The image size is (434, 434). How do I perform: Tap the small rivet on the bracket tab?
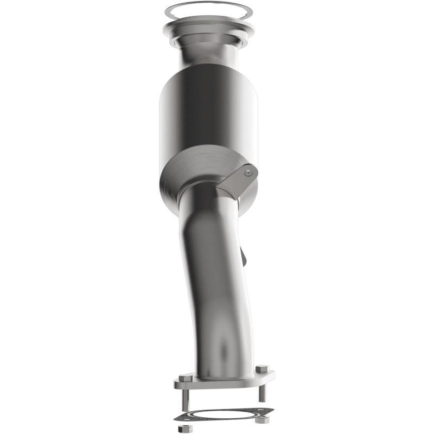click(248, 173)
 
